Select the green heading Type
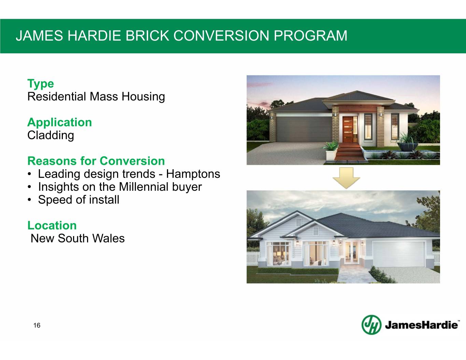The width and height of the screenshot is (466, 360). [x=41, y=84]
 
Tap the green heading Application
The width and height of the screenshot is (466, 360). [x=60, y=123]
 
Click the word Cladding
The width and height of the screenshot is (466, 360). [x=51, y=135]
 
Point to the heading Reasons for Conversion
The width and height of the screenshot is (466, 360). [x=96, y=161]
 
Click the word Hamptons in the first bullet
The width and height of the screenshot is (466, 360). [x=193, y=174]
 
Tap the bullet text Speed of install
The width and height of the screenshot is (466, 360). [x=79, y=200]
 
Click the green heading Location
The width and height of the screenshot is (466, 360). [x=52, y=226]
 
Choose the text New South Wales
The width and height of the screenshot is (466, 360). [x=77, y=238]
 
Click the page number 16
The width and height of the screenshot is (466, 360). [x=37, y=326]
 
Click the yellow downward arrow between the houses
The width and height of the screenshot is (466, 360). [x=346, y=178]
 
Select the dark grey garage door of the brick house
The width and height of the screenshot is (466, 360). [x=304, y=129]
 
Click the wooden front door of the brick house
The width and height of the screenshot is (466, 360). [x=348, y=129]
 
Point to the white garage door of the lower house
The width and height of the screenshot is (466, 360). [x=399, y=254]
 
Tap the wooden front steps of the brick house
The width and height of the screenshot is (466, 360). [x=349, y=152]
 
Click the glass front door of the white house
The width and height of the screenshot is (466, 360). [x=352, y=253]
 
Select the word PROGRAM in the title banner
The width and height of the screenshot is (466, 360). [x=311, y=35]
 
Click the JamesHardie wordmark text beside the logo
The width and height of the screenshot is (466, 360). [x=421, y=325]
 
